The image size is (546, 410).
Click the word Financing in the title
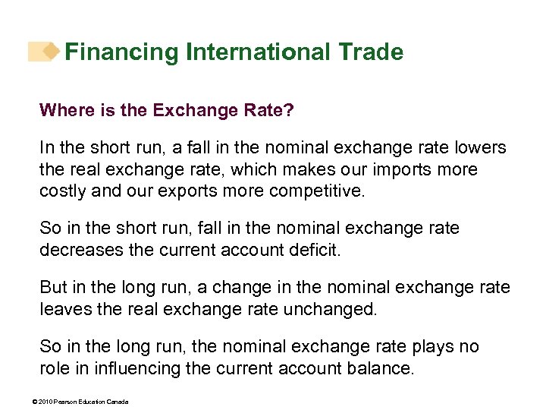point(121,52)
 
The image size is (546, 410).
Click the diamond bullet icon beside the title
point(51,52)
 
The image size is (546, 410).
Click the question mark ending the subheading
point(290,111)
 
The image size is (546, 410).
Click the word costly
point(63,190)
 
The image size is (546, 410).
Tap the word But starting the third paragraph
point(54,288)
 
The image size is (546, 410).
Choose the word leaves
point(65,308)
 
